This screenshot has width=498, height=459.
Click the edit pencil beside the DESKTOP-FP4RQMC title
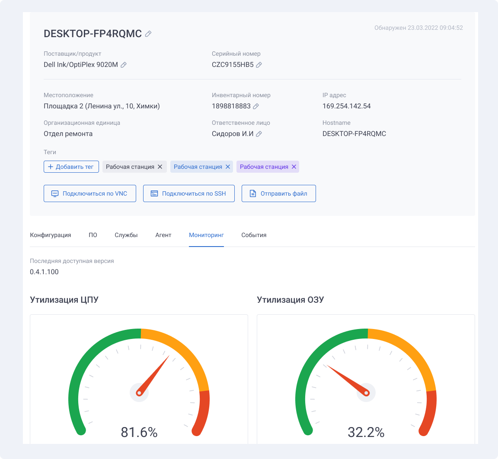tap(148, 34)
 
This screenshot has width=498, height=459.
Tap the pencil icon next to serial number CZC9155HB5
tap(259, 65)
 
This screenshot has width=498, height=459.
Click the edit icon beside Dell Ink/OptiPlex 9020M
tap(124, 65)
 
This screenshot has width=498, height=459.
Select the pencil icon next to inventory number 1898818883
tap(256, 106)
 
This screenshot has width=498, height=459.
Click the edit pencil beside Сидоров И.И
tap(259, 134)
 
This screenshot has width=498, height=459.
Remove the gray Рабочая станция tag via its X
tap(160, 167)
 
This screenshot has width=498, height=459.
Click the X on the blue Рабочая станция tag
tap(228, 167)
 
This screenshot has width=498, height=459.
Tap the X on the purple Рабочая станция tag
tap(294, 167)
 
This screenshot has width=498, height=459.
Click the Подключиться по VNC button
tap(90, 193)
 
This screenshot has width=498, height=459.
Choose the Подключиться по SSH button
tap(188, 193)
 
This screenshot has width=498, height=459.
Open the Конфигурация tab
tap(51, 235)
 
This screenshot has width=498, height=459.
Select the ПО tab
tap(93, 235)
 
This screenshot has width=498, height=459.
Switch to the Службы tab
tap(126, 235)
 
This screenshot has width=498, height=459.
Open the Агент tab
tap(163, 235)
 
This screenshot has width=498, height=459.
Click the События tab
tap(254, 235)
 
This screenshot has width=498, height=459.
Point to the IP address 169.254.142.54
tap(347, 106)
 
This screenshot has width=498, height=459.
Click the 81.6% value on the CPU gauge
tap(139, 432)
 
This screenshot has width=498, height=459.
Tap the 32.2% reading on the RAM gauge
tap(366, 432)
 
